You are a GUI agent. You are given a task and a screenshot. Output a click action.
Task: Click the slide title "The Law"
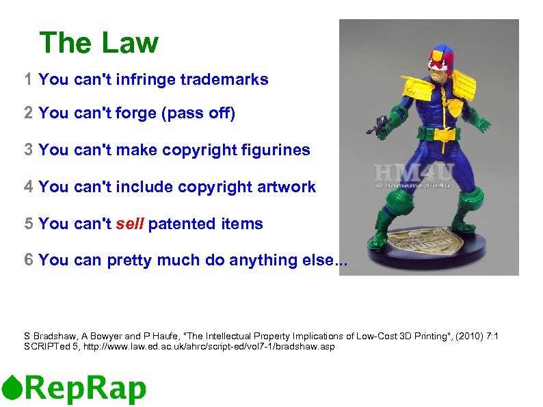[x=98, y=43]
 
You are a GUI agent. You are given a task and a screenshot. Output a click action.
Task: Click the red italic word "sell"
[x=129, y=224]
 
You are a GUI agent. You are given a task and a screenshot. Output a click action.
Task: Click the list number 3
[x=28, y=150]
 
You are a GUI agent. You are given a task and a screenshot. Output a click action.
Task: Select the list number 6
[x=28, y=261]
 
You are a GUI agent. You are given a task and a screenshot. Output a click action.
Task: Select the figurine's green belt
[x=442, y=131]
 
